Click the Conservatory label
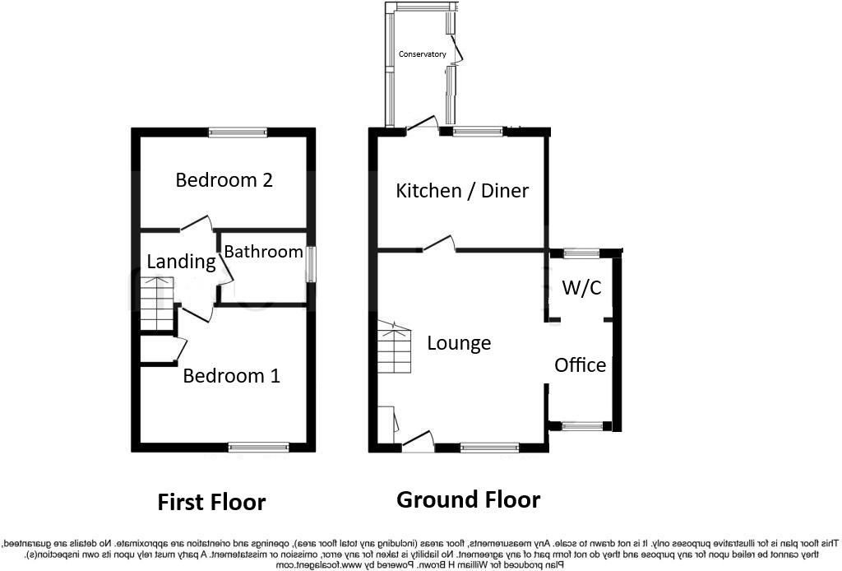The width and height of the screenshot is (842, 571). pos(423,54)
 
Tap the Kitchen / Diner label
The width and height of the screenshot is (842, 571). pos(462,191)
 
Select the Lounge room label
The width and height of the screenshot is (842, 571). pos(459,343)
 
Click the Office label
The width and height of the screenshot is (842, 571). pos(580,364)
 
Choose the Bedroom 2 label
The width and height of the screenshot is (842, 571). pos(224,179)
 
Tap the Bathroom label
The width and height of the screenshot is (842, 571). pos(263,252)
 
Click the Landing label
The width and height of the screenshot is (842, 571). pos(181,262)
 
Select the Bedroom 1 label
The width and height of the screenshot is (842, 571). pos(231,376)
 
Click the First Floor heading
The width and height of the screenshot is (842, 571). pos(211,502)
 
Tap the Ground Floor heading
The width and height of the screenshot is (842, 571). pos(468,499)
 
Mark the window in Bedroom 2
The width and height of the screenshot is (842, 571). pos(237,132)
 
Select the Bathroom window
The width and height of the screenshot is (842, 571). pos(310,264)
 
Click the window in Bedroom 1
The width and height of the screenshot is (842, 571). pos(259,447)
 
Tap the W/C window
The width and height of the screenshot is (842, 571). pos(581,253)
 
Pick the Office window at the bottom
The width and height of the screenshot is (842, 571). pos(581,426)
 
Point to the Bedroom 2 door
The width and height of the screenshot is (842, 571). pos(197,225)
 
